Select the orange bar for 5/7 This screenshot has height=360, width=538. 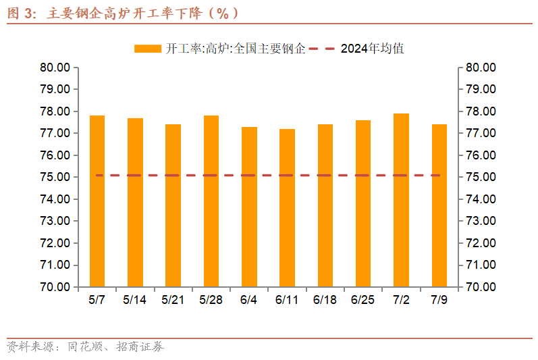tap(97, 201)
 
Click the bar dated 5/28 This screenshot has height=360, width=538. tap(211, 201)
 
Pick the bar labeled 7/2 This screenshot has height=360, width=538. tap(401, 200)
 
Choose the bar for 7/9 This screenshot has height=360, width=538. tap(439, 205)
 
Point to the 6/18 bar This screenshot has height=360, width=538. tap(325, 205)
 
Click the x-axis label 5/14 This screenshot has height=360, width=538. tap(135, 299)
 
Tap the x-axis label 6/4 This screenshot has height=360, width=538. tap(249, 299)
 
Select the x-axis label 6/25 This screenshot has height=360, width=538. tap(363, 299)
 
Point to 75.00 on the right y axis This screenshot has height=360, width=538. tap(481, 177)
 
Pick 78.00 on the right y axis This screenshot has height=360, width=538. tap(481, 111)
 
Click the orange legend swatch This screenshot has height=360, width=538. tap(147, 49)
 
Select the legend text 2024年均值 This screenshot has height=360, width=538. tap(372, 49)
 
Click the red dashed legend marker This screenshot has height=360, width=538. tap(323, 49)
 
